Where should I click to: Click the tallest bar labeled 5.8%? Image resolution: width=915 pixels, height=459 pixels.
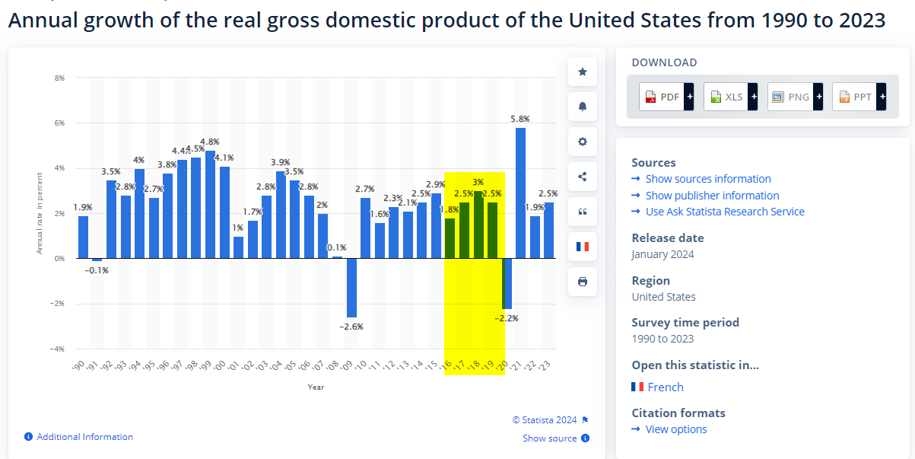520,193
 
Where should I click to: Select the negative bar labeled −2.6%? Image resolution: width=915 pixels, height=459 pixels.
351,288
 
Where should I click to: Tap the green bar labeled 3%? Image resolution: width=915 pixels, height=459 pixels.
478,225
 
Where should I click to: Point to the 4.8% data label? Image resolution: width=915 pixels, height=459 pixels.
210,142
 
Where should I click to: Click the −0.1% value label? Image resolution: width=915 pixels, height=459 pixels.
97,270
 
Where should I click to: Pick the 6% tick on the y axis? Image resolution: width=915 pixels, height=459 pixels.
59,123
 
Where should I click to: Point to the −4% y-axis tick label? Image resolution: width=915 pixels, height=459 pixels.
57,349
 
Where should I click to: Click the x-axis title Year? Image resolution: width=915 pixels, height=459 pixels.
316,387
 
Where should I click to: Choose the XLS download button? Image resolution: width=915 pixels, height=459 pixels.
730,97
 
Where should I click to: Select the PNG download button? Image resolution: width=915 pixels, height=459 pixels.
795,97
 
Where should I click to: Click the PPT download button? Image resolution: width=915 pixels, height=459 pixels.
859,97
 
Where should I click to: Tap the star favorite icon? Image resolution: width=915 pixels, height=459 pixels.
583,72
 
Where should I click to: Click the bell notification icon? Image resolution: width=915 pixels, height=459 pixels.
583,107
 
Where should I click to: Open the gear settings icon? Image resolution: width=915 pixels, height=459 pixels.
583,142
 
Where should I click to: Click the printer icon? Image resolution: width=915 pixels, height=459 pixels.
583,282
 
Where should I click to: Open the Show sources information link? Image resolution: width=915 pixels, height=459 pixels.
708,179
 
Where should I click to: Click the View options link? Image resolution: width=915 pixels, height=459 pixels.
676,429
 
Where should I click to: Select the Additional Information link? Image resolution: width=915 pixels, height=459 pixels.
84,437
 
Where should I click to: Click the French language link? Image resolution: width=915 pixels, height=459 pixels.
666,387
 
